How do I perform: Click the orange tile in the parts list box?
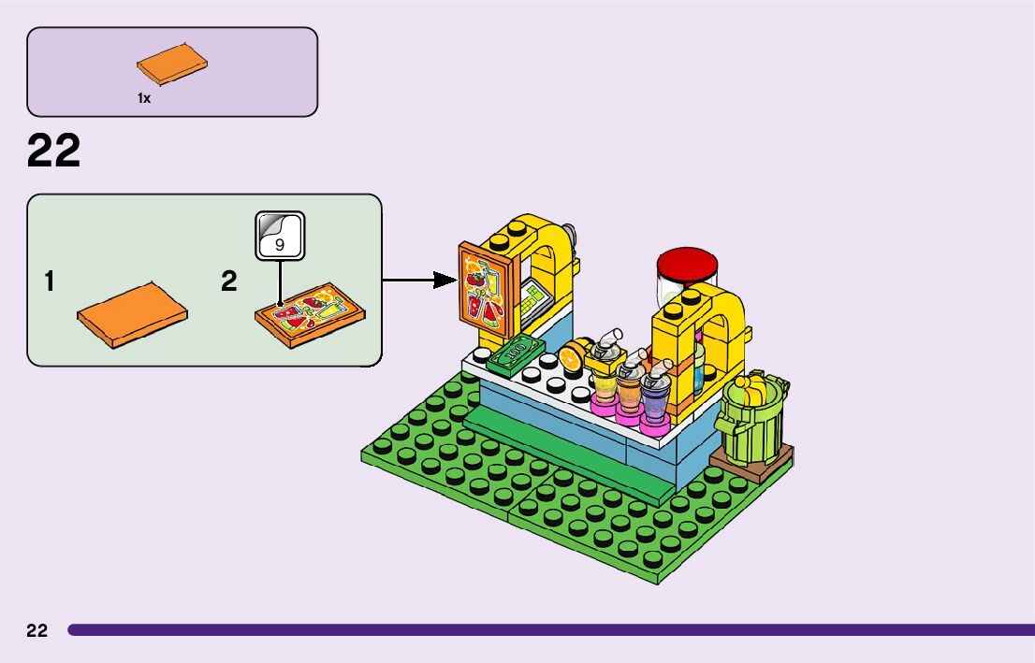(172, 65)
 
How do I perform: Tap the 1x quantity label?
(144, 98)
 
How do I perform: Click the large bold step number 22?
(53, 151)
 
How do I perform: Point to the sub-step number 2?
(229, 281)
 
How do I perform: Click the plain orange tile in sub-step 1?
(132, 314)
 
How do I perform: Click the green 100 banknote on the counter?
(516, 354)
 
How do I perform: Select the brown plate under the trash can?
(752, 463)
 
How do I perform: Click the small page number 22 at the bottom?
(36, 630)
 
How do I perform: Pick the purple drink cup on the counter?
(654, 397)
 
